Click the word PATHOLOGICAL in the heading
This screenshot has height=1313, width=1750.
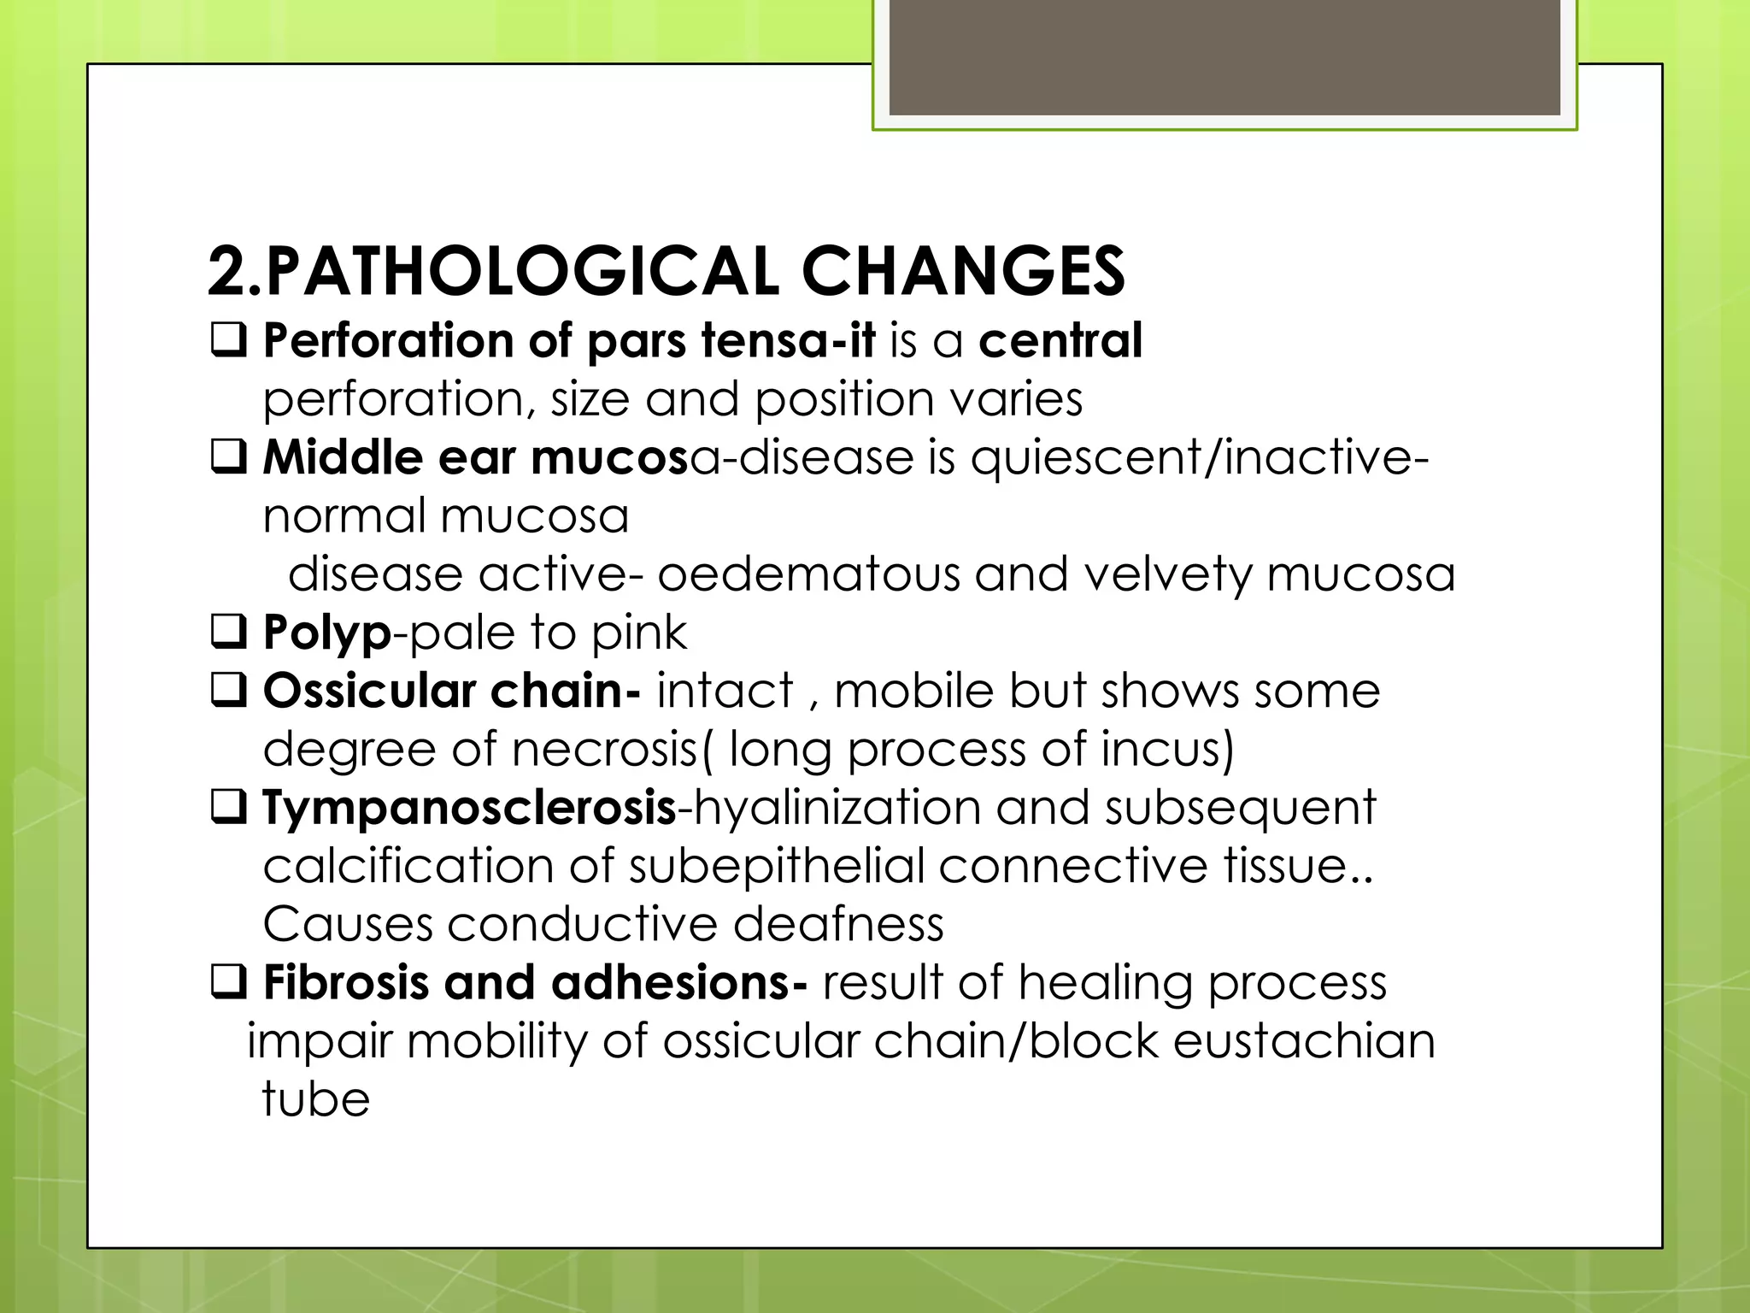coord(521,272)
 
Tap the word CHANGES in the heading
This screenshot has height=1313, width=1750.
coord(963,272)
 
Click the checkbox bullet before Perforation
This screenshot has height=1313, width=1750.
coord(229,340)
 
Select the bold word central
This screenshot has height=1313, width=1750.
coord(1060,340)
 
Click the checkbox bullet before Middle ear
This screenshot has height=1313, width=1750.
coord(229,457)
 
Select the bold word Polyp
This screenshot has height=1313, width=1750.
coord(327,633)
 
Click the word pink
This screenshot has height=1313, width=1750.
coord(639,633)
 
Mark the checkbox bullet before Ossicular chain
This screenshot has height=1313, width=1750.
coord(229,690)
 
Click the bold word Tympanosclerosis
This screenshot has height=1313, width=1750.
coord(469,808)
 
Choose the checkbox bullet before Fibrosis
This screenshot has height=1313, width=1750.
coord(229,983)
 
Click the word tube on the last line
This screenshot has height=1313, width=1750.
coord(316,1099)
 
